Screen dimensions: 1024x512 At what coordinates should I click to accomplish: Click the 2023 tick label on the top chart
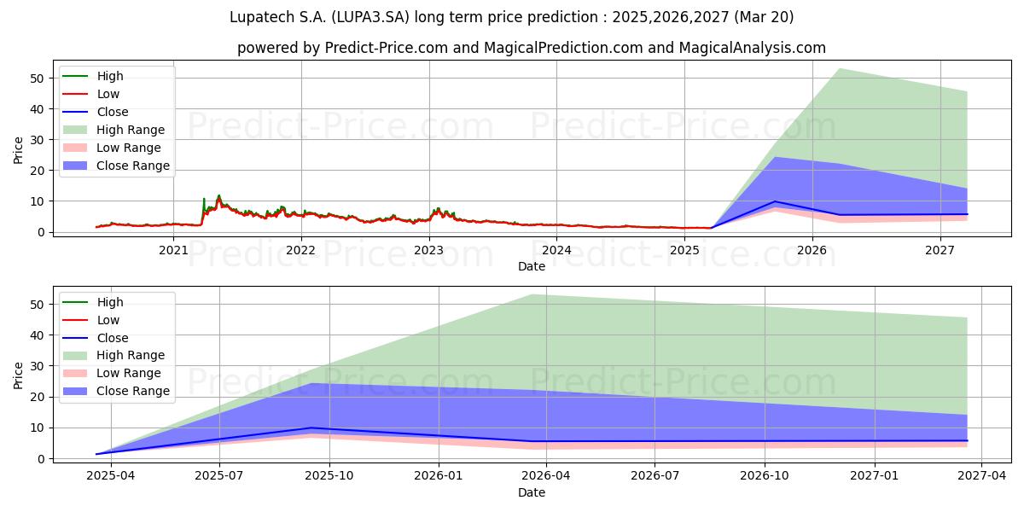click(428, 251)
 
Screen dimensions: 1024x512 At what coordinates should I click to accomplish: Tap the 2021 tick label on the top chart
click(173, 251)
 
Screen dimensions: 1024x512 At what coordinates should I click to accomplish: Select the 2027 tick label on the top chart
click(940, 251)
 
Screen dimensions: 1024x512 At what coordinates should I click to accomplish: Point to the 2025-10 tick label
click(329, 476)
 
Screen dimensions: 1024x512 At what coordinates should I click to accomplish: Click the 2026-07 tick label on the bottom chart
click(655, 476)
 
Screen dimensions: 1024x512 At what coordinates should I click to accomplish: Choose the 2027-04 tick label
click(981, 476)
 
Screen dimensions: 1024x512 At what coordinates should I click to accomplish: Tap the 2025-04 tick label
click(111, 476)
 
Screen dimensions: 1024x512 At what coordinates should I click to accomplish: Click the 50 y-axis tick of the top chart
click(37, 79)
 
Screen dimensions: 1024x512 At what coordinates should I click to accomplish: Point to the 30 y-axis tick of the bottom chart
click(37, 366)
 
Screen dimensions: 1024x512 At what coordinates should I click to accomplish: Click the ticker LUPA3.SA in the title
click(370, 17)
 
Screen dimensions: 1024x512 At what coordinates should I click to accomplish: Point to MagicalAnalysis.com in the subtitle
click(752, 48)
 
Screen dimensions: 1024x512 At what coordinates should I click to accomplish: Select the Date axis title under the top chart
click(532, 266)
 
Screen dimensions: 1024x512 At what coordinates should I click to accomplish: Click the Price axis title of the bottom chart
click(18, 375)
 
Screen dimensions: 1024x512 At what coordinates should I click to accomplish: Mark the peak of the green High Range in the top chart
click(840, 68)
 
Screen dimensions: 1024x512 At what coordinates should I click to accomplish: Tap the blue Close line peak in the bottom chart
click(311, 428)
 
